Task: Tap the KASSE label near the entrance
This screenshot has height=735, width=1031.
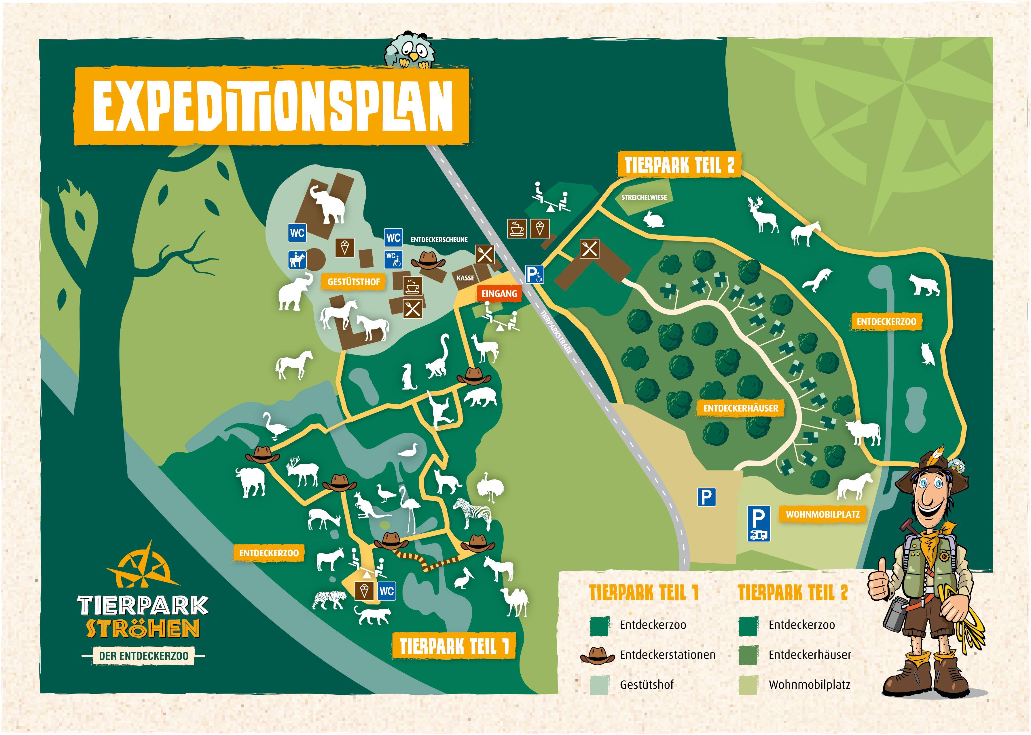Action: tap(465, 278)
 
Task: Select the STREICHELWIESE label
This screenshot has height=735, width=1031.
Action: tap(644, 197)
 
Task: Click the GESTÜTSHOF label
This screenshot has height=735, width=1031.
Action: tap(353, 282)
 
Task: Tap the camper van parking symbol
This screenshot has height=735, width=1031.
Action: tap(758, 523)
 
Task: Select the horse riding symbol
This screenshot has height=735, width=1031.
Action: tap(297, 260)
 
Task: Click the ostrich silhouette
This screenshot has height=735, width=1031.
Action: tap(490, 486)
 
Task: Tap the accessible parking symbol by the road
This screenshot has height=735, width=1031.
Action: tap(534, 274)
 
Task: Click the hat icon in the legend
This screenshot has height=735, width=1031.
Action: tap(597, 655)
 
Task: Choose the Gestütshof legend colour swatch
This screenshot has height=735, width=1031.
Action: tap(599, 685)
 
